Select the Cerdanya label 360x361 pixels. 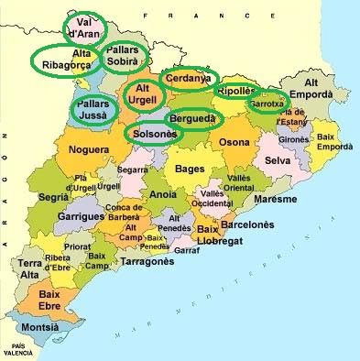tap(189, 79)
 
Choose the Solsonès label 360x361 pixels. tap(152, 134)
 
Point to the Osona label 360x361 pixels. tap(233, 142)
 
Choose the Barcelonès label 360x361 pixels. tap(248, 223)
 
